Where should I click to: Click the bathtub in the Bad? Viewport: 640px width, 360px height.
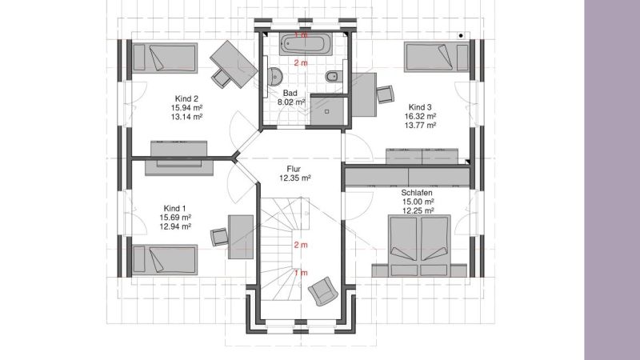pyautogui.click(x=306, y=44)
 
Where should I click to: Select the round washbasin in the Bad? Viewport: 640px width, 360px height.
pyautogui.click(x=275, y=76)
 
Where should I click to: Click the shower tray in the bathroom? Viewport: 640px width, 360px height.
pyautogui.click(x=329, y=110)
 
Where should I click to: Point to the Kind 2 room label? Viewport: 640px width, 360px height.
pyautogui.click(x=186, y=98)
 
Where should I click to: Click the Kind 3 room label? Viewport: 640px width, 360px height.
pyautogui.click(x=420, y=107)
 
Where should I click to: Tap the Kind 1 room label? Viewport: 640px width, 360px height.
pyautogui.click(x=175, y=209)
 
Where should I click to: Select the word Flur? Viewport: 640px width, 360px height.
pyautogui.click(x=294, y=169)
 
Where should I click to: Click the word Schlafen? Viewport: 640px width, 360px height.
pyautogui.click(x=417, y=193)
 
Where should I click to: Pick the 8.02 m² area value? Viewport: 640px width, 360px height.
pyautogui.click(x=291, y=102)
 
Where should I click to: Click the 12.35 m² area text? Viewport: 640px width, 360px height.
pyautogui.click(x=295, y=178)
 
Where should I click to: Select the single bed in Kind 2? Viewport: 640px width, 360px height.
pyautogui.click(x=165, y=58)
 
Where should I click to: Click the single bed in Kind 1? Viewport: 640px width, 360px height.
pyautogui.click(x=165, y=259)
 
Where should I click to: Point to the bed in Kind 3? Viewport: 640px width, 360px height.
pyautogui.click(x=437, y=57)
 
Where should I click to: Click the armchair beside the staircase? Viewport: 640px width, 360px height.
pyautogui.click(x=323, y=291)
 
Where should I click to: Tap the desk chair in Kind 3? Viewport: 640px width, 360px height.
pyautogui.click(x=386, y=94)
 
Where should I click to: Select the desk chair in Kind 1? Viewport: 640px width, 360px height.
pyautogui.click(x=219, y=237)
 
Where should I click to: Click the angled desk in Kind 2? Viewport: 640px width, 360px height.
pyautogui.click(x=234, y=64)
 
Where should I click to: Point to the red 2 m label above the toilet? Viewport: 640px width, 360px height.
pyautogui.click(x=301, y=63)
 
